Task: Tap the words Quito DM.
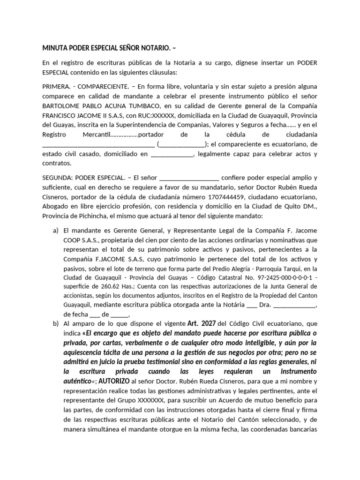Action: click(304, 206)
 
